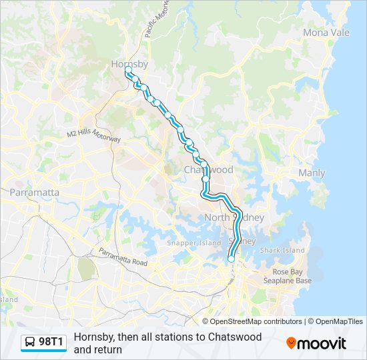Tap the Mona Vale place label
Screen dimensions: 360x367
click(326, 32)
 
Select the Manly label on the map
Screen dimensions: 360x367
click(312, 173)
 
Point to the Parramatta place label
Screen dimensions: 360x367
click(35, 193)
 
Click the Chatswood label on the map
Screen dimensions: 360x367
click(209, 170)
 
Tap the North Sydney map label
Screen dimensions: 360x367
click(234, 218)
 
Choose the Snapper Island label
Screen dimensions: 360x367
click(194, 243)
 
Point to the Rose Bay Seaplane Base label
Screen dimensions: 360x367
click(292, 276)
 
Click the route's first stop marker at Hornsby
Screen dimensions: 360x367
click(128, 69)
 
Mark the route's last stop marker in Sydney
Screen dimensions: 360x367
click(232, 259)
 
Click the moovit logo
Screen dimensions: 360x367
click(316, 343)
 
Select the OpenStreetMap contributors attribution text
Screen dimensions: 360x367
click(256, 321)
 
